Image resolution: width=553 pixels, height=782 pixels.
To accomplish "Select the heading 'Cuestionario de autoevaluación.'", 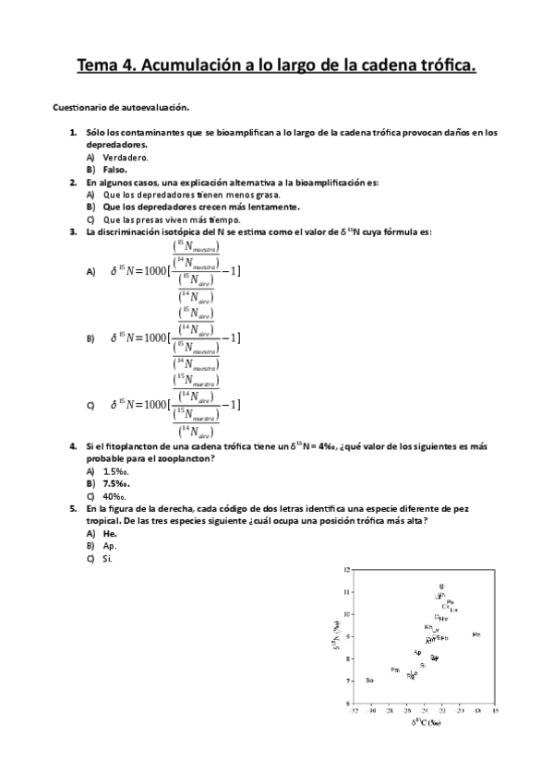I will [120, 108].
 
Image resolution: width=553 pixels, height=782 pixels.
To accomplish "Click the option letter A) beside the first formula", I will [90, 272].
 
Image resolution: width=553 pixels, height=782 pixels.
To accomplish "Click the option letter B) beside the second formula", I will [90, 338].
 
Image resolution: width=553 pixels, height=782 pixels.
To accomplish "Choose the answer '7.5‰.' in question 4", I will [116, 482].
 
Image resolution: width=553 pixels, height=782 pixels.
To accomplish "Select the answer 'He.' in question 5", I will [110, 533].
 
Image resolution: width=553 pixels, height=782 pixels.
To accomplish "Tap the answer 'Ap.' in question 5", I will [110, 545].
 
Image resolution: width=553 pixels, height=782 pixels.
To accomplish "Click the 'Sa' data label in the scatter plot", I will [369, 681].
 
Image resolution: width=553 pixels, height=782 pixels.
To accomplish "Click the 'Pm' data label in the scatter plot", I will [395, 669].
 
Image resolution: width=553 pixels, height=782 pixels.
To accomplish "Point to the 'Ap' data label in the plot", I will [417, 652].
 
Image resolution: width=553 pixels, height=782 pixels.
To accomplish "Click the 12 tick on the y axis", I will [346, 569].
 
